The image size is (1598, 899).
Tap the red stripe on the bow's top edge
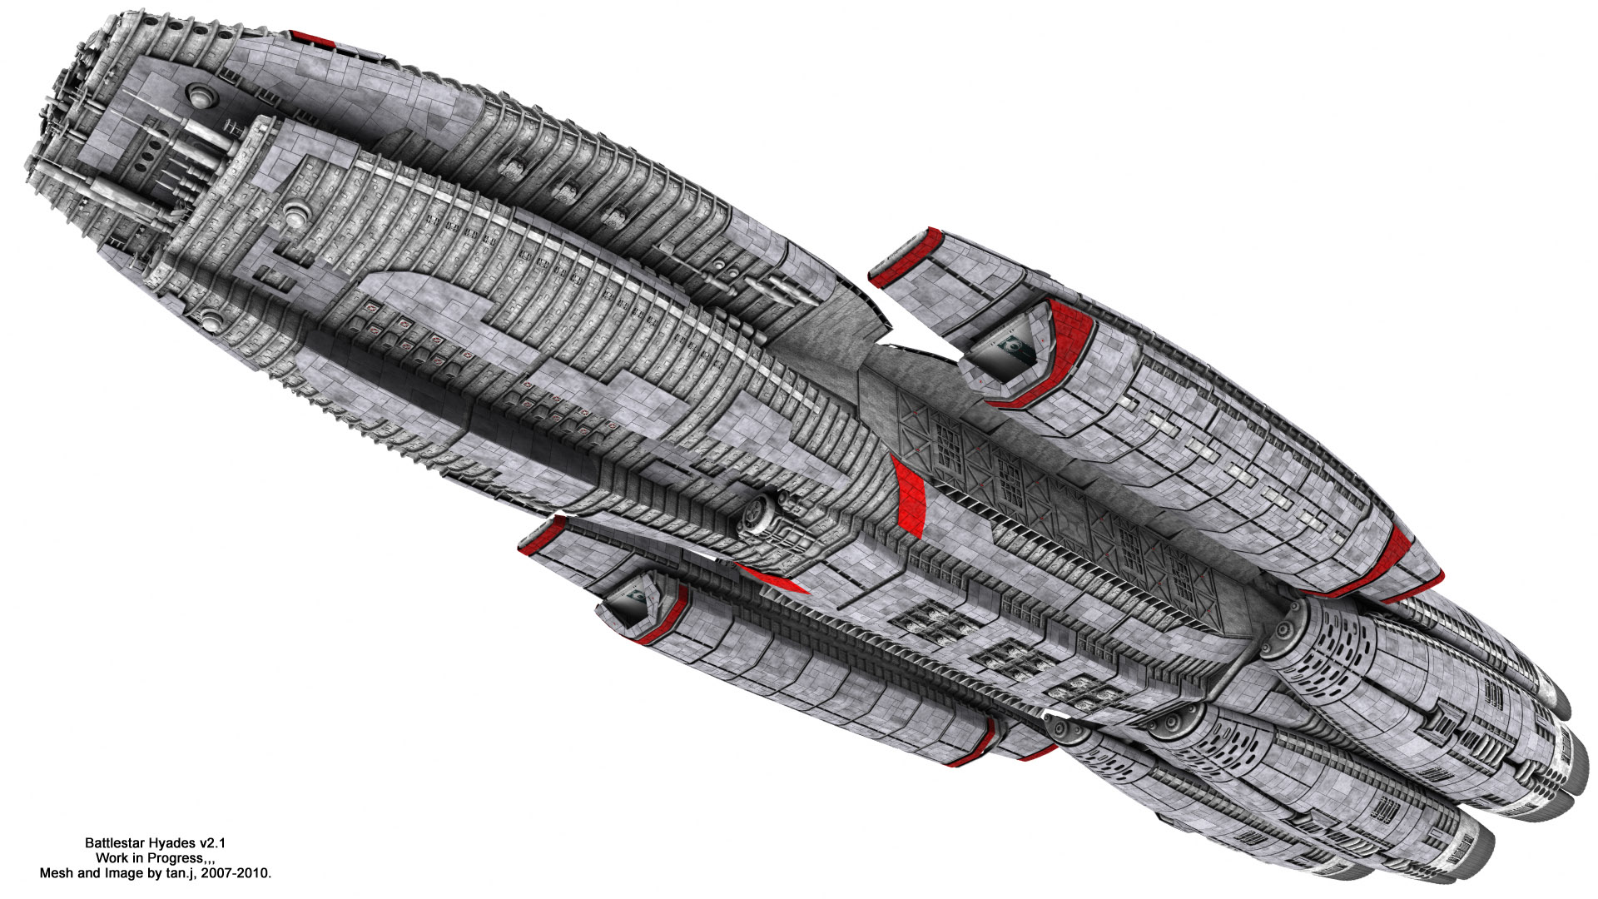(x=310, y=38)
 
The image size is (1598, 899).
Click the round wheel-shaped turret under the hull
(x=762, y=516)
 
